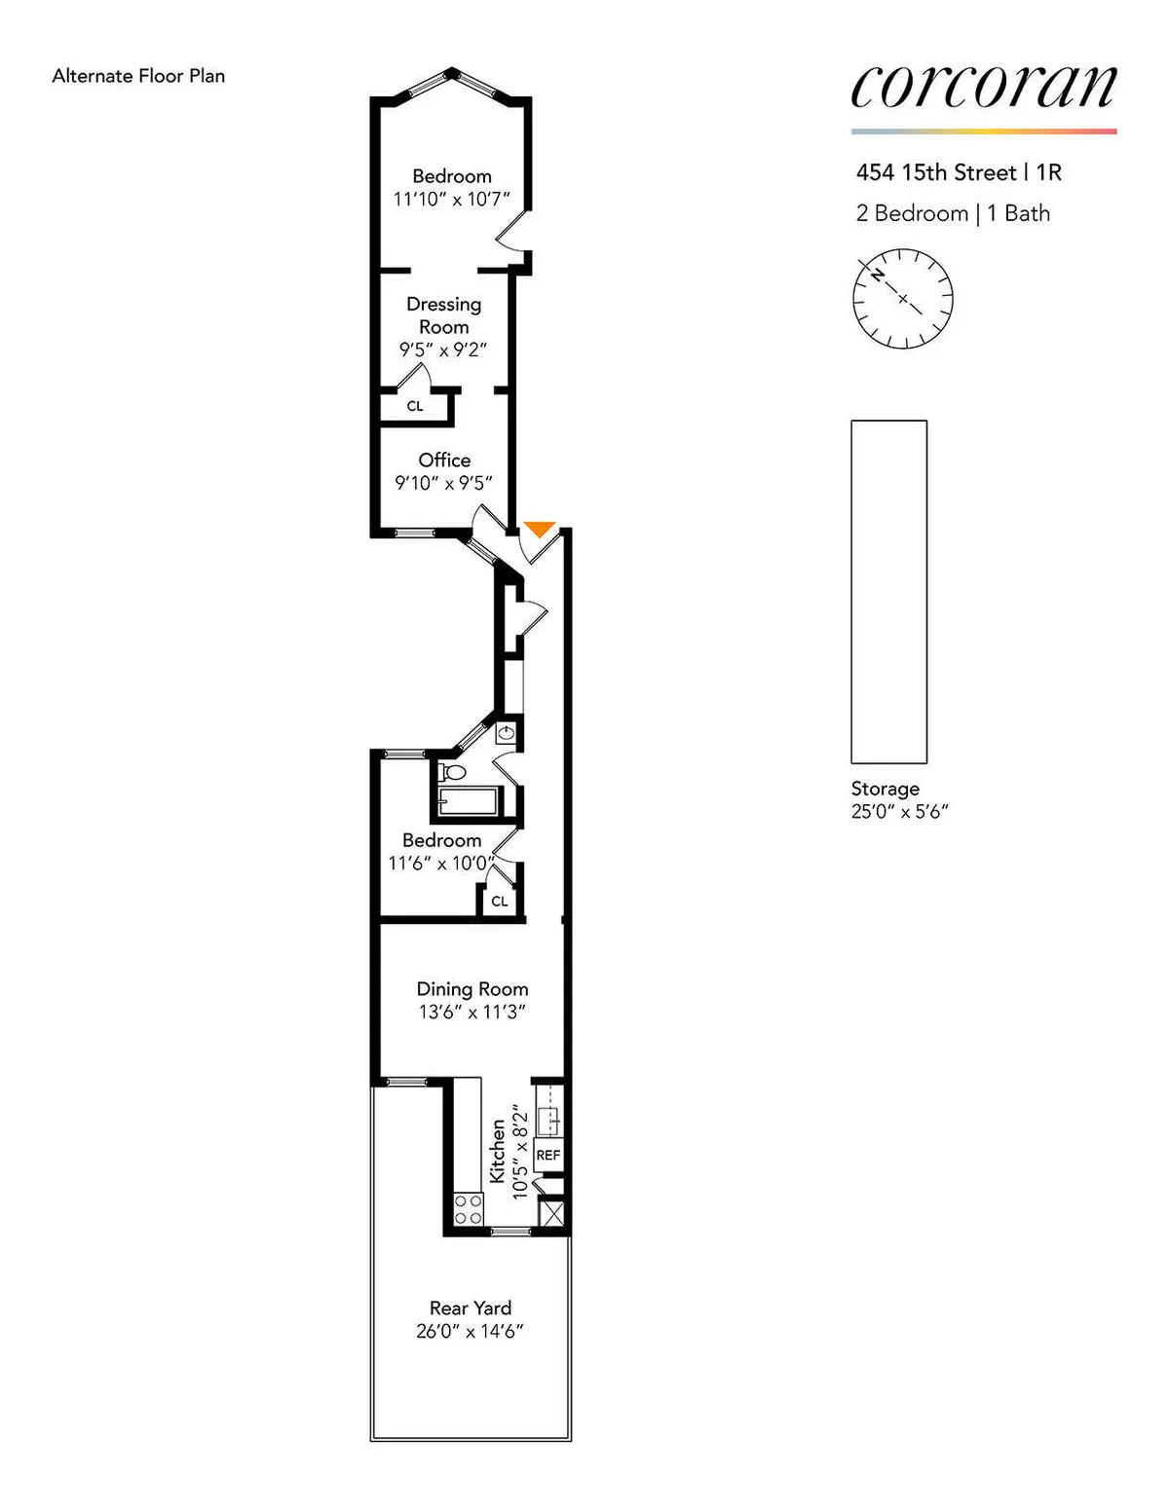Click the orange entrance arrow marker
pyautogui.click(x=539, y=530)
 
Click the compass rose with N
pyautogui.click(x=902, y=299)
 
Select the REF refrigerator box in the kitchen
pyautogui.click(x=548, y=1155)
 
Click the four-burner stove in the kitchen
pyautogui.click(x=468, y=1208)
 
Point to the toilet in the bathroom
pyautogui.click(x=452, y=773)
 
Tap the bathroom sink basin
pyautogui.click(x=508, y=732)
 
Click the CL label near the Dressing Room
pyautogui.click(x=415, y=406)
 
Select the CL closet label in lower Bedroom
pyautogui.click(x=499, y=902)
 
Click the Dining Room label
pyautogui.click(x=472, y=989)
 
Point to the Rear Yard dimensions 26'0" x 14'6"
pyautogui.click(x=470, y=1332)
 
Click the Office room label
pyautogui.click(x=444, y=460)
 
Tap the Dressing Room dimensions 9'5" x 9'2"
pyautogui.click(x=443, y=350)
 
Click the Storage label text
pyautogui.click(x=885, y=789)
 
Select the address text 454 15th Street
pyautogui.click(x=935, y=172)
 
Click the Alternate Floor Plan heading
pyautogui.click(x=138, y=76)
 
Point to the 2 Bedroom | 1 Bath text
pyautogui.click(x=953, y=213)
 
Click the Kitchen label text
pyautogui.click(x=498, y=1151)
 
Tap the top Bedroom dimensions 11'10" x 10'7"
pyautogui.click(x=451, y=200)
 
